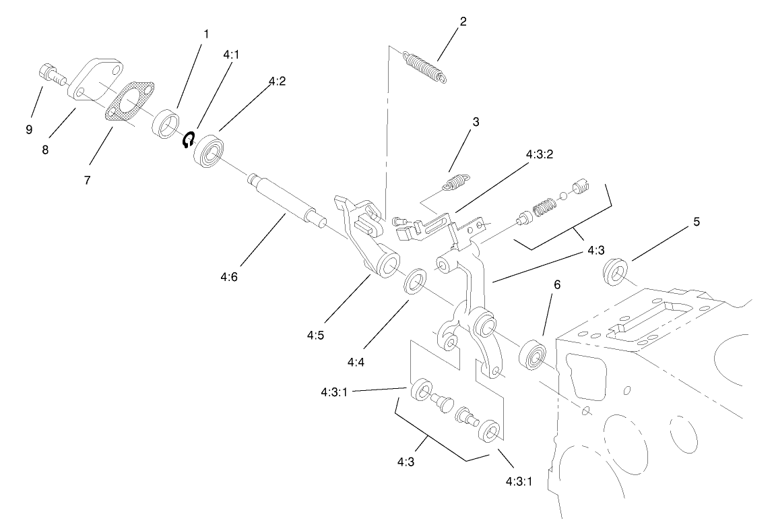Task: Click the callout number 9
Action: [x=29, y=130]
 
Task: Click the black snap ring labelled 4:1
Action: [x=189, y=139]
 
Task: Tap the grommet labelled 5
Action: [x=614, y=271]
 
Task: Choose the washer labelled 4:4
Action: [x=412, y=282]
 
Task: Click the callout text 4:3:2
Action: [x=539, y=154]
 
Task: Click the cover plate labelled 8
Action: [x=98, y=85]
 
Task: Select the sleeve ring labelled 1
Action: [x=166, y=125]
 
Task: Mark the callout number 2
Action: [x=463, y=21]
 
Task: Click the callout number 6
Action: [x=556, y=285]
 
